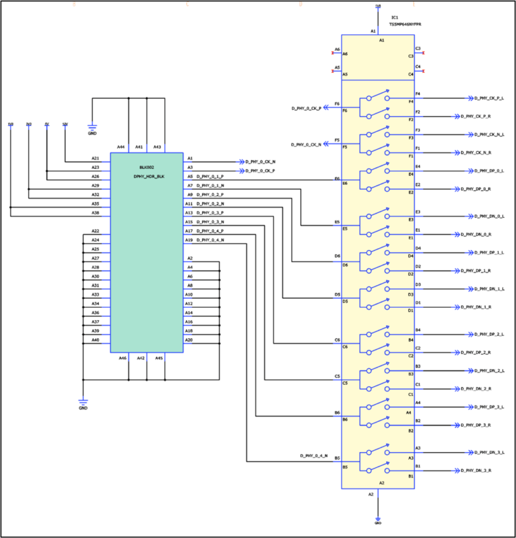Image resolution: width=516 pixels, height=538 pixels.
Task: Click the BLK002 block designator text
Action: point(147,167)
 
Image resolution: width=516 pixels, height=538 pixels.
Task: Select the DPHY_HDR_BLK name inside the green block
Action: point(149,176)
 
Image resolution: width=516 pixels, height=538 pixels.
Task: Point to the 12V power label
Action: point(65,124)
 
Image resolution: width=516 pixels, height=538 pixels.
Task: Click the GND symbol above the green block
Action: point(92,131)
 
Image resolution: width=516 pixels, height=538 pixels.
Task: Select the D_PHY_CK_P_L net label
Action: point(489,98)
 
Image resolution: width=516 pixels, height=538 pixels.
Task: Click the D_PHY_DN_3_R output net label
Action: point(489,470)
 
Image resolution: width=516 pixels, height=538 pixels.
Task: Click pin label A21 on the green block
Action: point(96,158)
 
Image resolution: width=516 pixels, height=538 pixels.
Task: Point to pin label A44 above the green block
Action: point(121,147)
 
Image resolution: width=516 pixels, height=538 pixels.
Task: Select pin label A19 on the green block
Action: point(189,240)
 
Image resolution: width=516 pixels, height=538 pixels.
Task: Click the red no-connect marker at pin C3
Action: point(423,53)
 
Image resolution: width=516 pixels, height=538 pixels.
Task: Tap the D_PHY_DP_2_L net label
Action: point(489,334)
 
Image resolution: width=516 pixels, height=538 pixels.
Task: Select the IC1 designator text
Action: point(395,17)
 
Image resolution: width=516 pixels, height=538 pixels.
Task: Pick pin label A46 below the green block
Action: point(123,358)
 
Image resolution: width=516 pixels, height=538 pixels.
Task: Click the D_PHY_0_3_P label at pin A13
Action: point(210,212)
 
